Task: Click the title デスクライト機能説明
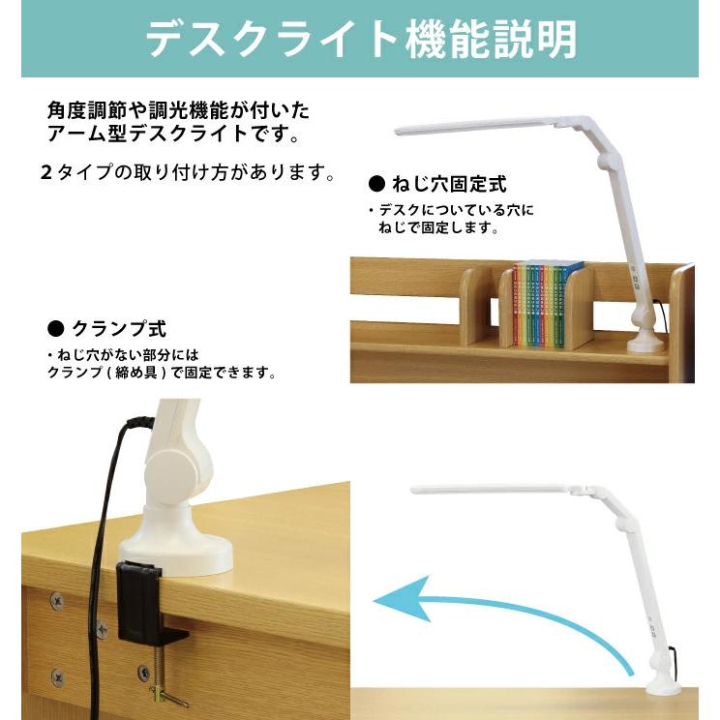click(x=361, y=39)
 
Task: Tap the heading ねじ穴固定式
click(x=449, y=184)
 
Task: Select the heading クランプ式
click(x=119, y=329)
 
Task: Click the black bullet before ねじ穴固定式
click(x=377, y=184)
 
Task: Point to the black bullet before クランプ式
click(x=56, y=329)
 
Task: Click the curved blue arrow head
click(x=403, y=599)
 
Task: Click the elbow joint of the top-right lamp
click(x=608, y=163)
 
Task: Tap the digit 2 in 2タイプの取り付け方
click(x=45, y=172)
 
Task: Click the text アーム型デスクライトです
click(x=174, y=134)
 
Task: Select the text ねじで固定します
click(x=438, y=227)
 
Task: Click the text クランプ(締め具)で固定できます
click(x=162, y=373)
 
